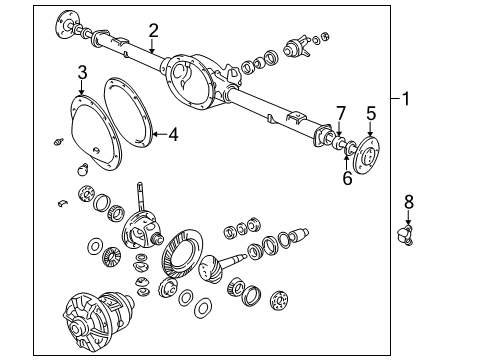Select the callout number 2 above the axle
(153, 29)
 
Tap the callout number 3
(83, 72)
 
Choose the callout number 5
(370, 112)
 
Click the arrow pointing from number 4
(160, 133)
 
